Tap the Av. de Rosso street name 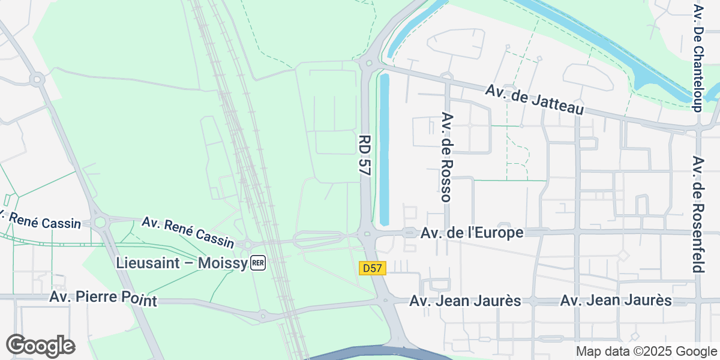pos(446,156)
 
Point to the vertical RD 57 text pos(364,155)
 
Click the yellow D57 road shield pos(372,268)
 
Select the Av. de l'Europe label pos(472,233)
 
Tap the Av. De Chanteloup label pos(698,58)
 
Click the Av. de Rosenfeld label pos(697,214)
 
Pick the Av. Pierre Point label pos(103,298)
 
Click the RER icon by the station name pos(258,263)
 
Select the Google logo pos(40,346)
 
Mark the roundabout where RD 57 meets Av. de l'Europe pos(365,233)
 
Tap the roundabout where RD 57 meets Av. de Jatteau pos(368,62)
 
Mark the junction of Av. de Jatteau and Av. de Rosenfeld pos(699,129)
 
